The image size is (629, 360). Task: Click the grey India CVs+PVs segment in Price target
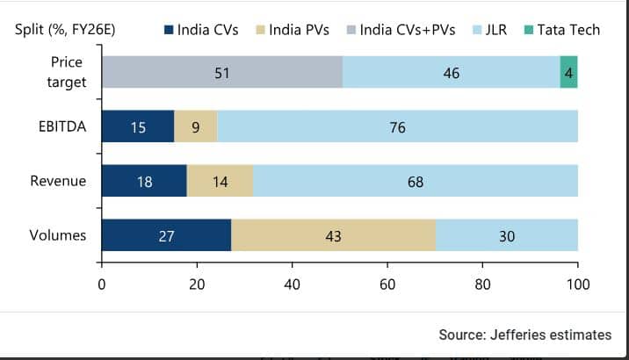point(222,72)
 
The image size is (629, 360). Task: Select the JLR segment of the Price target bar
point(451,72)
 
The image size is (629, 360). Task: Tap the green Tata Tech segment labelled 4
point(569,72)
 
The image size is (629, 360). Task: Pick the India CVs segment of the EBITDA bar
point(138,126)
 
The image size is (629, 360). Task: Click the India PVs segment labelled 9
point(195,126)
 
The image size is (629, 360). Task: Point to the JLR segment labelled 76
point(397,126)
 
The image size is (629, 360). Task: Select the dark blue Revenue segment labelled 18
point(144,181)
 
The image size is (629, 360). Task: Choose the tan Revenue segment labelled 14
point(220,181)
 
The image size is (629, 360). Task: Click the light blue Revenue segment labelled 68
point(416,181)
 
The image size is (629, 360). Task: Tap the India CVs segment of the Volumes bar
point(166,236)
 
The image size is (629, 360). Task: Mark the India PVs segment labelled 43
point(333,236)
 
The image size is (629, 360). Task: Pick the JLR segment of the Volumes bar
point(507,236)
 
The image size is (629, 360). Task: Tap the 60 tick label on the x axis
point(387,284)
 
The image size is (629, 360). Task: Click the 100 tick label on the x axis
point(577,284)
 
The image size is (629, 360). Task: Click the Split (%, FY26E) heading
point(65,30)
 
